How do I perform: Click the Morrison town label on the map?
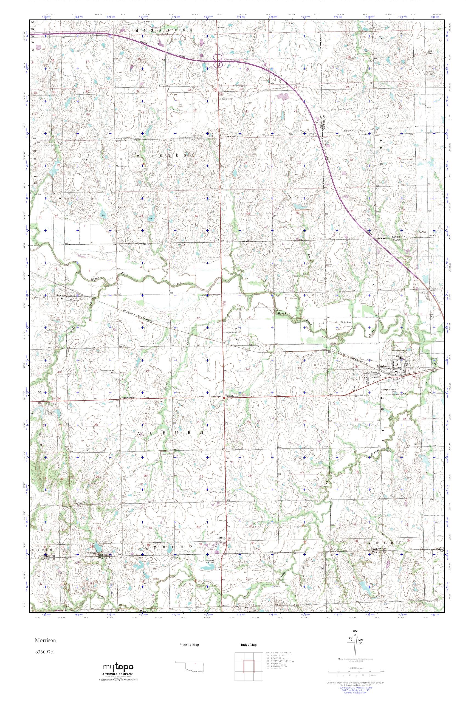(382, 367)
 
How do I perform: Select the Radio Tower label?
(228, 98)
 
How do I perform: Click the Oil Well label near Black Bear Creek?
(344, 322)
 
